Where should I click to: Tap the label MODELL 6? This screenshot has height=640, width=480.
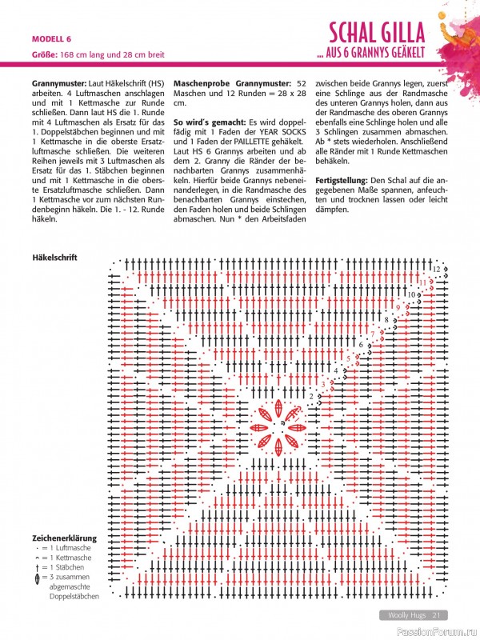pyautogui.click(x=51, y=38)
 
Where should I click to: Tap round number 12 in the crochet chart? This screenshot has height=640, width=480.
pyautogui.click(x=436, y=269)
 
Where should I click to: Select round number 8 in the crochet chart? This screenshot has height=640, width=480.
pyautogui.click(x=386, y=320)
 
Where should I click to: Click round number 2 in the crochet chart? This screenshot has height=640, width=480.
pyautogui.click(x=310, y=396)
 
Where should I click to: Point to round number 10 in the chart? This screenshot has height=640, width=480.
pyautogui.click(x=410, y=294)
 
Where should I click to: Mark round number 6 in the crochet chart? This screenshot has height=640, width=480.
pyautogui.click(x=361, y=345)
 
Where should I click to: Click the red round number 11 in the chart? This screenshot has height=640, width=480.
pyautogui.click(x=422, y=282)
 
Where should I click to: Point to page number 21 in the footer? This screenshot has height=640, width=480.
pyautogui.click(x=438, y=615)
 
